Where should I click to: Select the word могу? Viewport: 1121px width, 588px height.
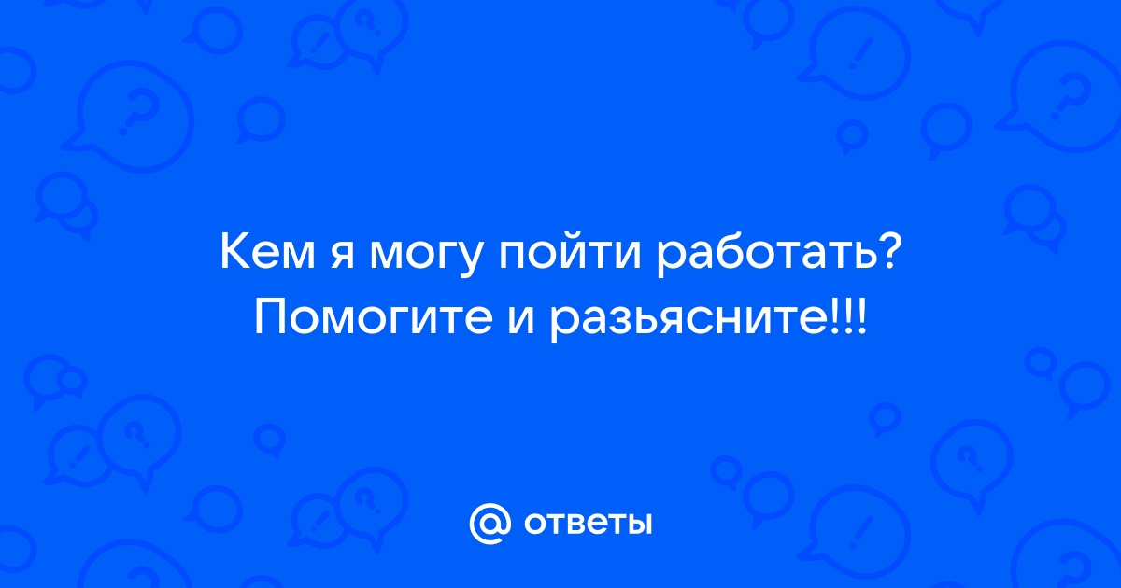[426, 260]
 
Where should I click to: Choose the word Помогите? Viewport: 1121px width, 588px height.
[374, 316]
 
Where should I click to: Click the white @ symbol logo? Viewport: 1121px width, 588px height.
[490, 524]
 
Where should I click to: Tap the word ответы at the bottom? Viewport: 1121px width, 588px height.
[588, 524]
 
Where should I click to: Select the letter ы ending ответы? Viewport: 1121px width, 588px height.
[639, 524]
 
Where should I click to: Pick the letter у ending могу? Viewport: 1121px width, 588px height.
[470, 261]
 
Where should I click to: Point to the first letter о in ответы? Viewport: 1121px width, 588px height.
[535, 524]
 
